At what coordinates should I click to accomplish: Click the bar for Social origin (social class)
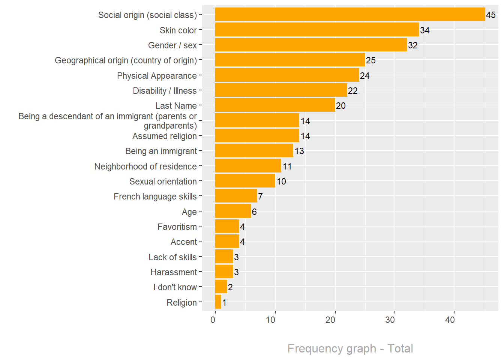(349, 15)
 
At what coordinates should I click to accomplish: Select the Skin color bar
(317, 30)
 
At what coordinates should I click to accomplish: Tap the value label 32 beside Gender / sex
(413, 45)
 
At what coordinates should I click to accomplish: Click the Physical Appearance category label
(157, 76)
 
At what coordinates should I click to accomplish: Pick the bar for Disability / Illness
(281, 90)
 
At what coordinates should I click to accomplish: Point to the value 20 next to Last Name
(341, 106)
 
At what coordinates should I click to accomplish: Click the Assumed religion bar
(257, 136)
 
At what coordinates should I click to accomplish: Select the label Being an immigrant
(161, 151)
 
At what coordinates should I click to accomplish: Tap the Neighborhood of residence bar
(248, 166)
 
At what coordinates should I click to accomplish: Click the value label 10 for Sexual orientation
(281, 181)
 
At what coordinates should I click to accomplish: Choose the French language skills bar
(236, 196)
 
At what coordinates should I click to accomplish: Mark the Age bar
(233, 211)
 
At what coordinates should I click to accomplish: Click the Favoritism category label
(177, 227)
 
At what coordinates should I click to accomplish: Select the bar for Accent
(227, 241)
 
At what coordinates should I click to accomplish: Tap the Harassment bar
(224, 271)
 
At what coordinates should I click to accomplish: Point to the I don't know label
(175, 287)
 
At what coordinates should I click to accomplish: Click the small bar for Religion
(218, 302)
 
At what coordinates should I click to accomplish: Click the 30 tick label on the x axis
(390, 320)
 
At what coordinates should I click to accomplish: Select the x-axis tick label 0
(213, 320)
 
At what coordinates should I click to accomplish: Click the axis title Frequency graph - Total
(350, 348)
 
